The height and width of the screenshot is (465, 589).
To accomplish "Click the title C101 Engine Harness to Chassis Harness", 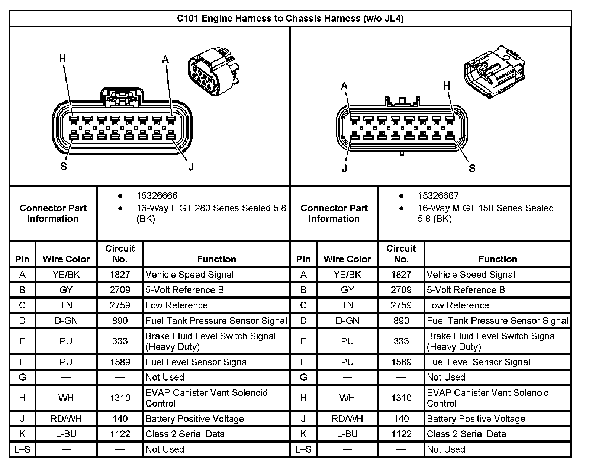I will click(x=290, y=19).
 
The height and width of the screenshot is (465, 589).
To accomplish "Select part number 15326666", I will click(x=157, y=196).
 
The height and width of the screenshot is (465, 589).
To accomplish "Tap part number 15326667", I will click(x=438, y=196).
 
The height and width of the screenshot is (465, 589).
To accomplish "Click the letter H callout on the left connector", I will click(x=62, y=59).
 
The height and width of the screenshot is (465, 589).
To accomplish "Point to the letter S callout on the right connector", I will click(x=472, y=169).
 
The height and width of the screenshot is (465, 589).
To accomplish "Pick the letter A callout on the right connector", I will click(x=344, y=86).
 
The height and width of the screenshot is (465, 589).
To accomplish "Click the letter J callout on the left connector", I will click(x=191, y=167).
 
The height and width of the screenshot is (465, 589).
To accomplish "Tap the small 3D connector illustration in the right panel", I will click(x=494, y=71).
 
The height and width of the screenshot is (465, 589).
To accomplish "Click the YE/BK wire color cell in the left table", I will click(x=66, y=275).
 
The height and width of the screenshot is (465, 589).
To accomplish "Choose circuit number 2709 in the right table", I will click(x=401, y=290).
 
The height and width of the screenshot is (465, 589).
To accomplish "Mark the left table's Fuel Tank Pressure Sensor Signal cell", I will click(x=216, y=321).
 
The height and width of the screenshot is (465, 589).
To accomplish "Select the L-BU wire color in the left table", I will click(x=66, y=434).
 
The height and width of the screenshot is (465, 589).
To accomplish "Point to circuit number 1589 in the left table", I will click(x=120, y=362).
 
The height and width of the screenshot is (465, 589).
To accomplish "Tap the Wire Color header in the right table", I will click(x=347, y=259).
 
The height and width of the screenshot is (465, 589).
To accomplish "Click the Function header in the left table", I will click(x=216, y=259).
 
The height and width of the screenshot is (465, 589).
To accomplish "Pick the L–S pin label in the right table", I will click(x=303, y=449).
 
